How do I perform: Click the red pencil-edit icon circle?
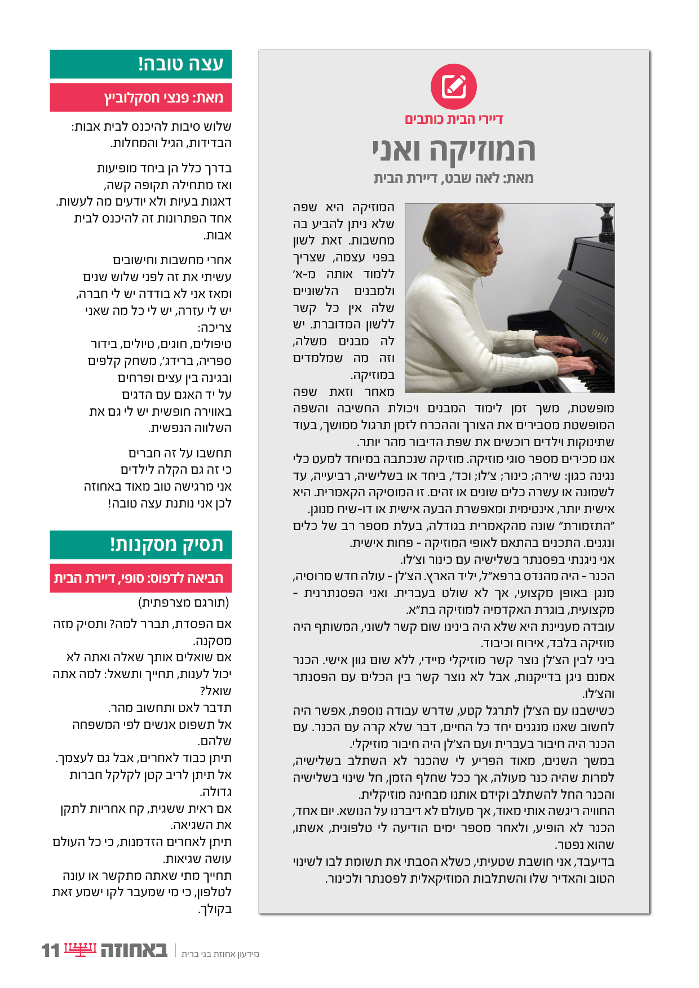coord(454,87)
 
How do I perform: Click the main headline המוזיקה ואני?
coord(454,150)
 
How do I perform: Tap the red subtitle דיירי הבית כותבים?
coord(454,119)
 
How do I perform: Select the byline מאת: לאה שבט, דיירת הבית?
coord(454,179)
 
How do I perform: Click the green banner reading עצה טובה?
coord(141,64)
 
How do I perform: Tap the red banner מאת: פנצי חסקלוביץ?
coord(141,97)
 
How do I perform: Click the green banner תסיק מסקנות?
coord(141,545)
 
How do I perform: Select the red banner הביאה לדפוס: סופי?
coord(141,578)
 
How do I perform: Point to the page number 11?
coord(50,950)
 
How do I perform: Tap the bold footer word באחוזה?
coord(134,950)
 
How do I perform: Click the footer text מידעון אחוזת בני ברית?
coord(220,954)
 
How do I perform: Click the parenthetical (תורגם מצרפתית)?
coord(184,603)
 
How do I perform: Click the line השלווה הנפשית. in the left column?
coord(190,428)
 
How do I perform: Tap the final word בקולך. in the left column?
coord(215,909)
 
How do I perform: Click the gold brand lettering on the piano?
coord(599,337)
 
